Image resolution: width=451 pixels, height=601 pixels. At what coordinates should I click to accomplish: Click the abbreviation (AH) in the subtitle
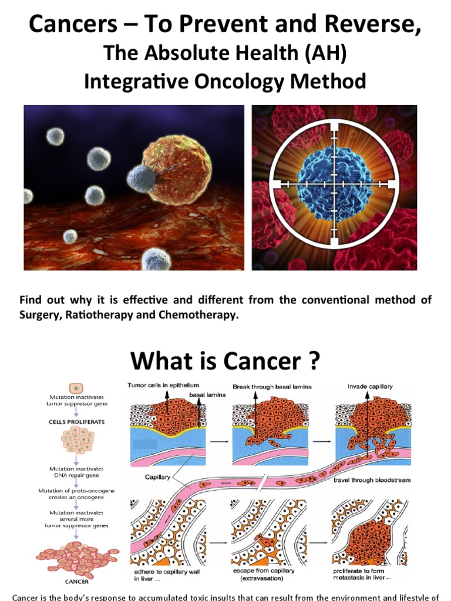(322, 53)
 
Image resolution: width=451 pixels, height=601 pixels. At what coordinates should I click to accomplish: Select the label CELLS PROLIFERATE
(76, 421)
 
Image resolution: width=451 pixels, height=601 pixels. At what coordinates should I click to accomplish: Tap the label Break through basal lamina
(272, 387)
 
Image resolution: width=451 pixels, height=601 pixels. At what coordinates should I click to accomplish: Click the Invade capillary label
(370, 386)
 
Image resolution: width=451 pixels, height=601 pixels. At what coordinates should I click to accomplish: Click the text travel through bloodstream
(372, 480)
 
